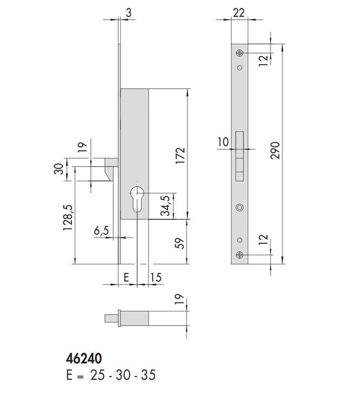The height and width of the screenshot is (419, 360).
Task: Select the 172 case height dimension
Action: pos(180,155)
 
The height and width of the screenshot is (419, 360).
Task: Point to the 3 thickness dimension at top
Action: pos(129,13)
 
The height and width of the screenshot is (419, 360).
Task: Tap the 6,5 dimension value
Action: pos(101,231)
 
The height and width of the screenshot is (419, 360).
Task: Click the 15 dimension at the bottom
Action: pos(156,277)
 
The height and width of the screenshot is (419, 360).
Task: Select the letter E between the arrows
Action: pos(127,277)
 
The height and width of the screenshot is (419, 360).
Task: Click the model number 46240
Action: pos(84,358)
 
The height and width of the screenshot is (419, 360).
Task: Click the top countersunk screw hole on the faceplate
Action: pos(240,53)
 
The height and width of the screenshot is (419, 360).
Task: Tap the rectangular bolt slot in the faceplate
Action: pos(240,156)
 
